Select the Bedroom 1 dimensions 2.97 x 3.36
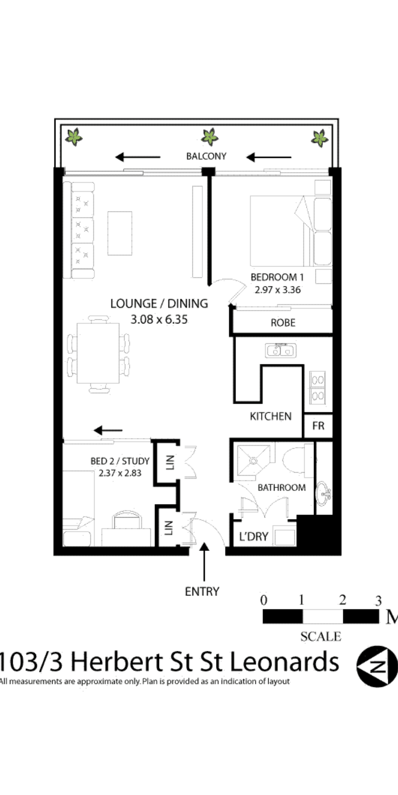coord(277,290)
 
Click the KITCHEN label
coord(271,416)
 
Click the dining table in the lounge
coord(98,353)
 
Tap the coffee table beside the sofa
coord(120,233)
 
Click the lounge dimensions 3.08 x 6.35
coord(159,319)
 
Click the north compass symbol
coord(377,667)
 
